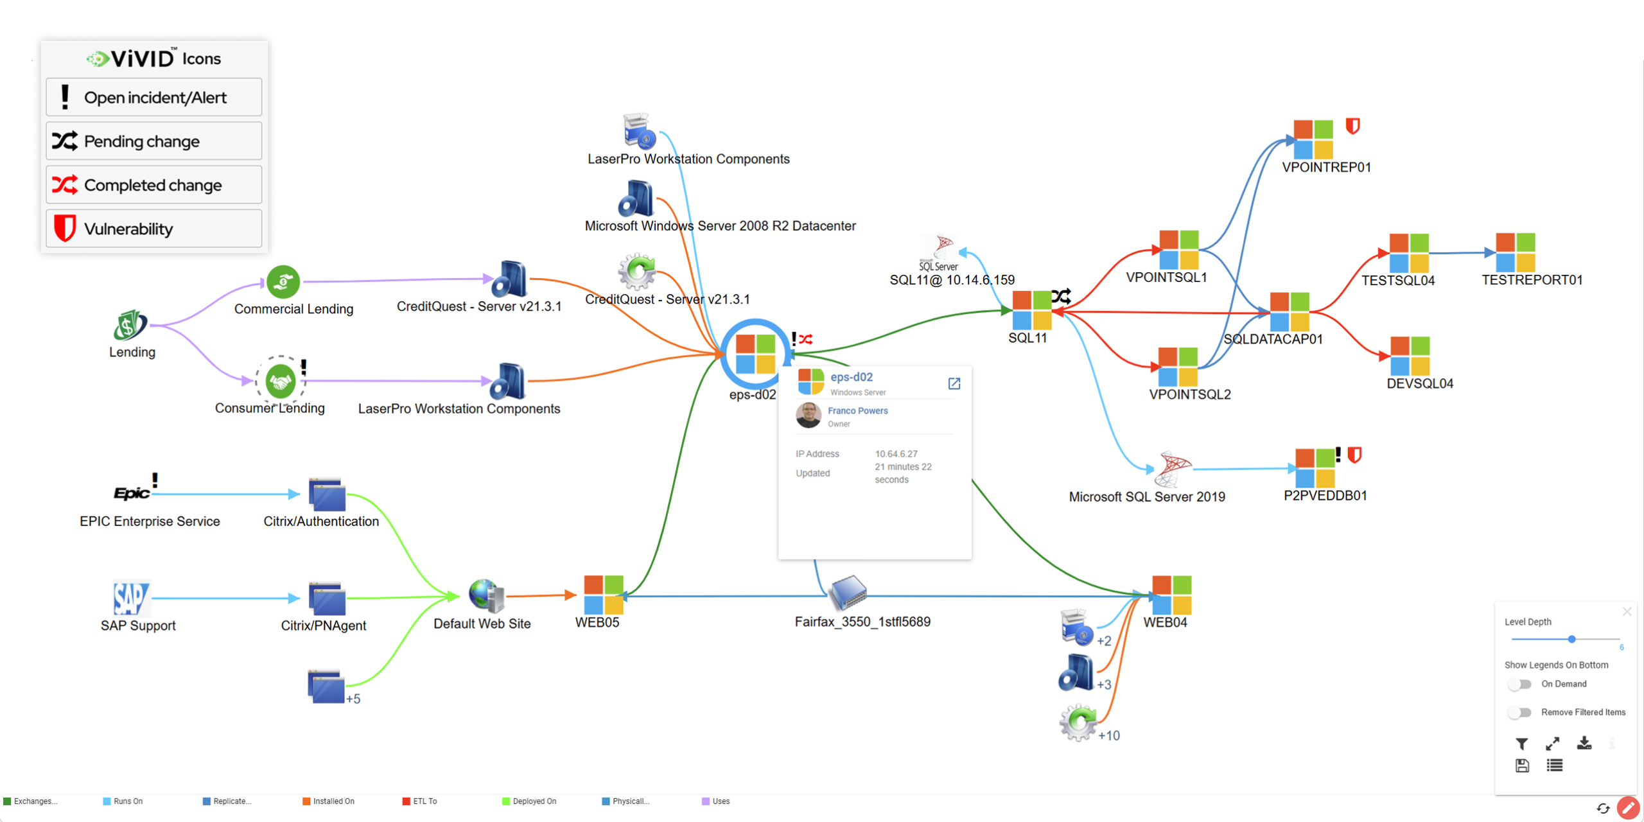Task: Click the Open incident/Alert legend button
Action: pyautogui.click(x=154, y=98)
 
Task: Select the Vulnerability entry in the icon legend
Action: pyautogui.click(x=154, y=229)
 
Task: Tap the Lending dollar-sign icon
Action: pyautogui.click(x=130, y=325)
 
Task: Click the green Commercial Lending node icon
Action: pyautogui.click(x=283, y=282)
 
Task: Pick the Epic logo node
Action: pyautogui.click(x=132, y=493)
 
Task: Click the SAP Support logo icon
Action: pyautogui.click(x=131, y=599)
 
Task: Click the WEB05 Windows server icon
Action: pyautogui.click(x=603, y=595)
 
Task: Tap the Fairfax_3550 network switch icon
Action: pyautogui.click(x=848, y=592)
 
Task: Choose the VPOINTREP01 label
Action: pyautogui.click(x=1326, y=168)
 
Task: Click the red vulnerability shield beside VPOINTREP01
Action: pyautogui.click(x=1352, y=126)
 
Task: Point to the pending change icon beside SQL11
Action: pyautogui.click(x=1061, y=296)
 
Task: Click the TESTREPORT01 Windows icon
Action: pyautogui.click(x=1515, y=252)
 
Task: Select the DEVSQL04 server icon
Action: pyautogui.click(x=1410, y=356)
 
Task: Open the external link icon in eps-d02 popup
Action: pyautogui.click(x=954, y=383)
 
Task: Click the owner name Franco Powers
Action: pyautogui.click(x=857, y=411)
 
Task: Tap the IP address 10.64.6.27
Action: pyautogui.click(x=896, y=454)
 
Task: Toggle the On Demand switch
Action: pyautogui.click(x=1519, y=685)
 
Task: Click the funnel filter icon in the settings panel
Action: pyautogui.click(x=1521, y=744)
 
